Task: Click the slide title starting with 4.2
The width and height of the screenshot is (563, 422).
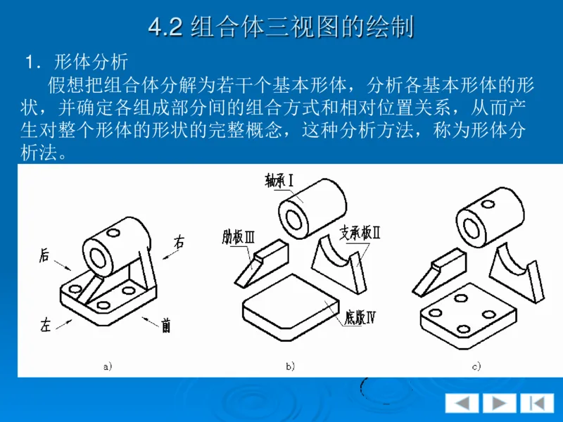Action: point(281,26)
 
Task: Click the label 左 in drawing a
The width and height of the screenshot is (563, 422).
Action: point(46,325)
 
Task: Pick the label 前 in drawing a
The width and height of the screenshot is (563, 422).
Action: point(165,325)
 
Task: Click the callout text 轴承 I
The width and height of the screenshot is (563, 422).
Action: point(279,181)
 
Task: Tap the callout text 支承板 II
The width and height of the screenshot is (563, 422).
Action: point(360,233)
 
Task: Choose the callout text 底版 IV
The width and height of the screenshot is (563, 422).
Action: point(360,317)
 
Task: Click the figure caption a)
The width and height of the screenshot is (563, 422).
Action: point(108,366)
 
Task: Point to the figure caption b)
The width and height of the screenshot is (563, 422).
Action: point(290,366)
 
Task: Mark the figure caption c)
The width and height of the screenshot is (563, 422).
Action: point(476,366)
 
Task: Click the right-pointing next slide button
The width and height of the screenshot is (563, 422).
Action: point(499,403)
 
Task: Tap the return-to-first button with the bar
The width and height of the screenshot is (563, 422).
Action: point(537,403)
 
